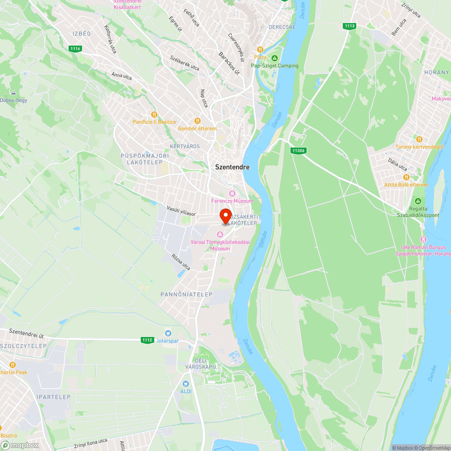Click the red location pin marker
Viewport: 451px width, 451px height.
(225, 216)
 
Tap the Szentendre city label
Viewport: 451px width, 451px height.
(232, 167)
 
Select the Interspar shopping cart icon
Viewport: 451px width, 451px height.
(168, 333)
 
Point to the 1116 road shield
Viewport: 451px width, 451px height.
(75, 49)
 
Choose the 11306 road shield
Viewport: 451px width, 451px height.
(298, 151)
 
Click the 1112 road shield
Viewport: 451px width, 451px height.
(147, 340)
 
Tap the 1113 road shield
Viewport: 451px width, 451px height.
(349, 26)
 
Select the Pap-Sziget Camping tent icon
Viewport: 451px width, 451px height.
(275, 58)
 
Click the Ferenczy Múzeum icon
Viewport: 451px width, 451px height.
(232, 193)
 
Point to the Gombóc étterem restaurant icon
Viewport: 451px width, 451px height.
(197, 121)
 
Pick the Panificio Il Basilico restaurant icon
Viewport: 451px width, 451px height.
(154, 115)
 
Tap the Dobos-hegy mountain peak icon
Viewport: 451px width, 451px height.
(13, 92)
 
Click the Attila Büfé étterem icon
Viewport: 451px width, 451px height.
(406, 177)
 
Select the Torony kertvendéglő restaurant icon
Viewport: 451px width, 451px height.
(419, 139)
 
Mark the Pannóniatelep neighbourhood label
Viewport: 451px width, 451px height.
(186, 294)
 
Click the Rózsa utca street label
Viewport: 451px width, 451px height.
(181, 262)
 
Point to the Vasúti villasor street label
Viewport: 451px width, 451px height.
(181, 211)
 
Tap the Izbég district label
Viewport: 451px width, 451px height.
(82, 34)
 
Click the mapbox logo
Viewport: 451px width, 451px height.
(20, 445)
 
